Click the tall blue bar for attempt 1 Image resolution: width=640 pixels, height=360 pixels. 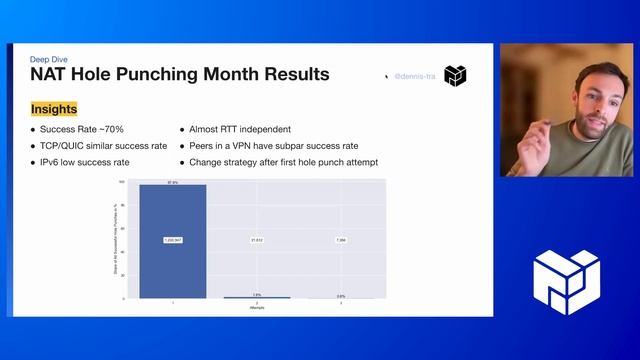172,240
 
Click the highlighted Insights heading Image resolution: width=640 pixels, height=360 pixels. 54,109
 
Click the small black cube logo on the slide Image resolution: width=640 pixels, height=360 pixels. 455,76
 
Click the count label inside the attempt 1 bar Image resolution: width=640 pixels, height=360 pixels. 172,241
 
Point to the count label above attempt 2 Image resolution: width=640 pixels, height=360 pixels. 256,241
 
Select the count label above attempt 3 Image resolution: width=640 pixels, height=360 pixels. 340,241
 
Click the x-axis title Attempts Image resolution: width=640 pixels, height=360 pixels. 256,307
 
